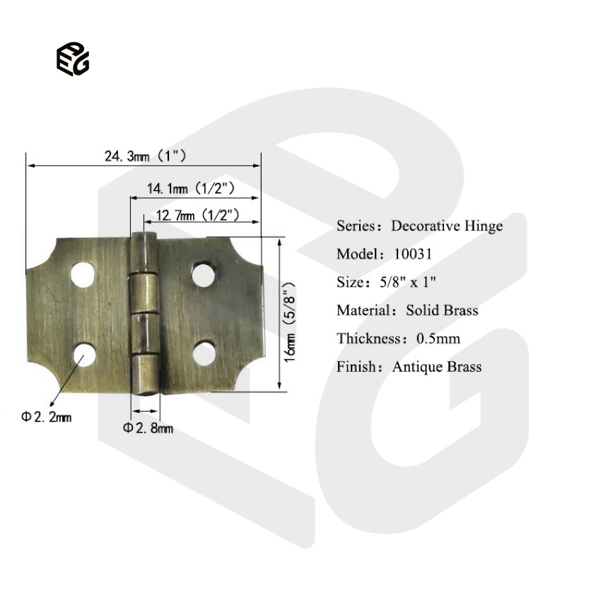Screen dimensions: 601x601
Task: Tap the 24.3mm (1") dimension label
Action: tap(145, 156)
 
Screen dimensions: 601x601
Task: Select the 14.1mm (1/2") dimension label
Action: tap(191, 189)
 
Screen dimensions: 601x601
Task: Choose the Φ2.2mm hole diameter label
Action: tap(46, 417)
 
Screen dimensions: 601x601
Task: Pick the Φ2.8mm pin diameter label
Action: tap(148, 428)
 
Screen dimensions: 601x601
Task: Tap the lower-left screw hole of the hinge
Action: tap(84, 354)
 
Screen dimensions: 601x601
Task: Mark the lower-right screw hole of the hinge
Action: tap(204, 351)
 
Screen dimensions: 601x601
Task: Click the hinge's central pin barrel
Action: tap(145, 311)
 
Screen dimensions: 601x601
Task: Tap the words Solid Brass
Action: tap(442, 310)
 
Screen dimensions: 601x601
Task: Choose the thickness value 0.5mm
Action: tap(438, 339)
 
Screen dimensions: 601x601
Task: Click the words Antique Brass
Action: tap(436, 367)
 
